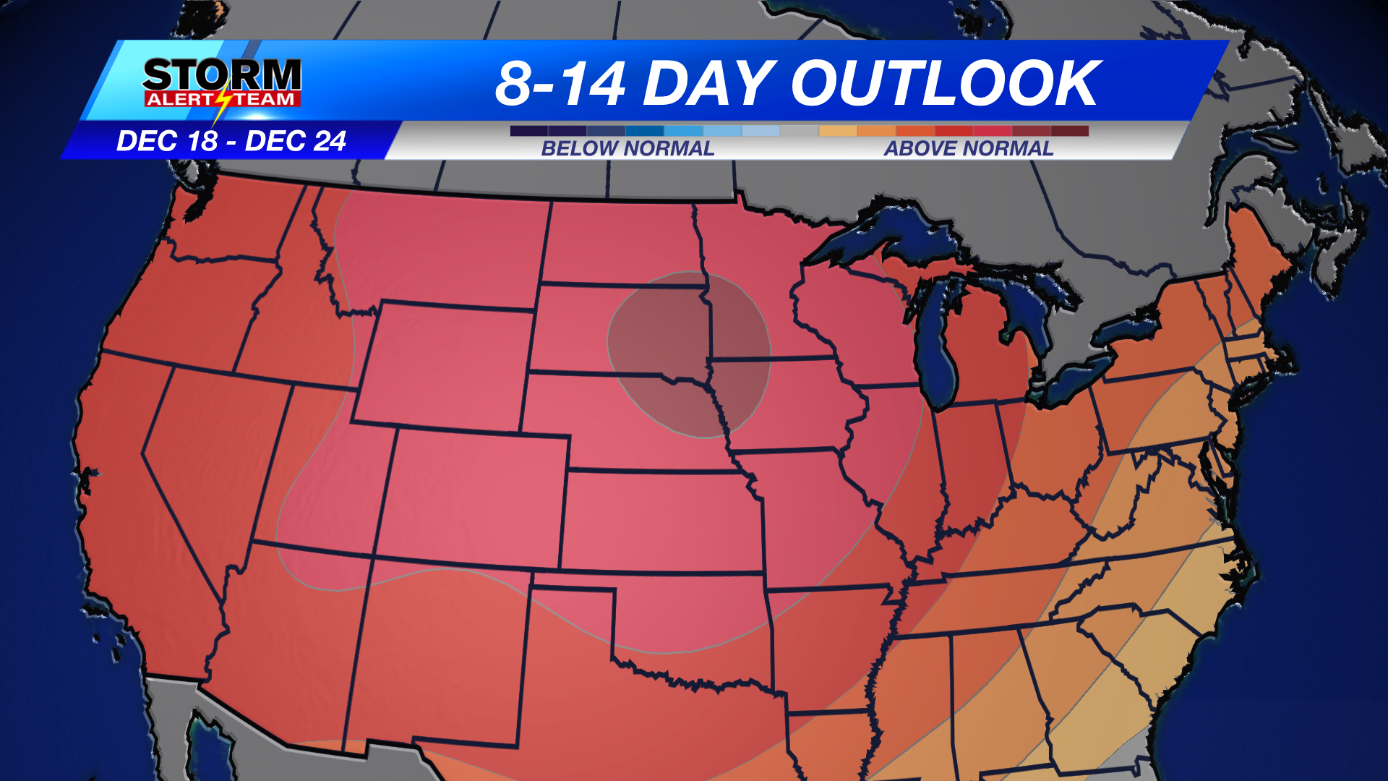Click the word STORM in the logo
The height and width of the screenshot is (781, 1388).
(222, 74)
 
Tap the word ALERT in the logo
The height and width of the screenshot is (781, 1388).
(179, 99)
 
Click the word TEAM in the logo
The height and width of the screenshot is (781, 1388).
(265, 99)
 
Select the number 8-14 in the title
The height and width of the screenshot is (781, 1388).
(560, 84)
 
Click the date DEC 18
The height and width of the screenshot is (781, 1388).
(167, 141)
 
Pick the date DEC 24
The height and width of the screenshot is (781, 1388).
(296, 141)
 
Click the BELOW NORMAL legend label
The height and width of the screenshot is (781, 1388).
(627, 148)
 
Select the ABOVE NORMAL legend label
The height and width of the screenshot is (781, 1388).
(969, 148)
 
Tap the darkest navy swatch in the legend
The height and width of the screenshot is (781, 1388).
(528, 131)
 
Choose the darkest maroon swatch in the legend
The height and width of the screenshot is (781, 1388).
(1070, 131)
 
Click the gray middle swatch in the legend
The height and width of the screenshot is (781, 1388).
(799, 131)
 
